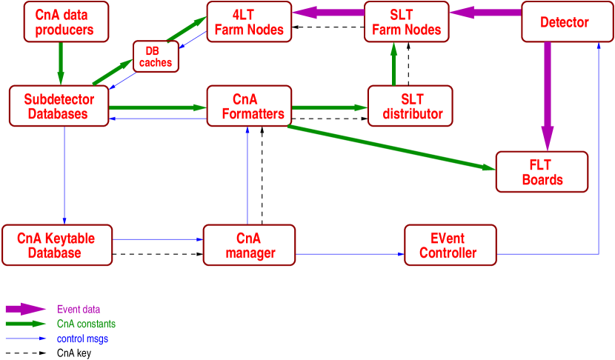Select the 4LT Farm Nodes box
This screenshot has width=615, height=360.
click(x=249, y=21)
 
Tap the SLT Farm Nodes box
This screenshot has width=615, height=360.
click(x=406, y=21)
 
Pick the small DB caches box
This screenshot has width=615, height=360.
click(x=156, y=56)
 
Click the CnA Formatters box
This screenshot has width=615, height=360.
click(x=249, y=106)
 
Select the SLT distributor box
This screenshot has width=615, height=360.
click(x=410, y=106)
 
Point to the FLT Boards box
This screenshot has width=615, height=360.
click(x=542, y=172)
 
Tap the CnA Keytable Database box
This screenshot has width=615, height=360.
click(x=57, y=245)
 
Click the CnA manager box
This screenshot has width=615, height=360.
click(x=249, y=245)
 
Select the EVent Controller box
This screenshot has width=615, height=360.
click(x=450, y=245)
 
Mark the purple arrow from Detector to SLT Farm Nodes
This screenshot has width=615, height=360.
click(x=485, y=13)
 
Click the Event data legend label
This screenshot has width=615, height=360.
click(x=79, y=309)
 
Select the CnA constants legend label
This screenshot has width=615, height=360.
click(x=86, y=324)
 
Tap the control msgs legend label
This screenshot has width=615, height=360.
click(x=83, y=339)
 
